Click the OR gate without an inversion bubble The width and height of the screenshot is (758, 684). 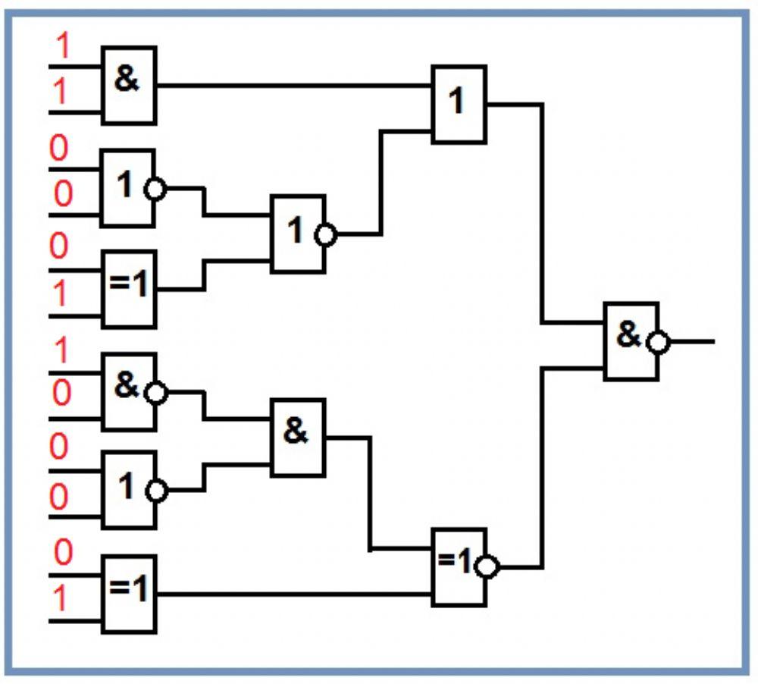coord(459,104)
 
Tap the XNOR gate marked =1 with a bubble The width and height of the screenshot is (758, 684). coord(458,566)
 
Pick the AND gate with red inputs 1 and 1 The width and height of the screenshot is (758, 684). coord(129,85)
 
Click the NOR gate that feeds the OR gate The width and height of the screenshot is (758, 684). coord(298,234)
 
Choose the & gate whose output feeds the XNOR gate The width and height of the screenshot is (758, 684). coord(297,437)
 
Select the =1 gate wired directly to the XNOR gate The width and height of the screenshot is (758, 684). coord(129,594)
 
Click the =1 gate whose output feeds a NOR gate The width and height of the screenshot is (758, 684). coord(129,287)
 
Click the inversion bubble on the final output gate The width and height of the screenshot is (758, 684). coord(659,342)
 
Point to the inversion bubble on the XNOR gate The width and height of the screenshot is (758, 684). coord(489,567)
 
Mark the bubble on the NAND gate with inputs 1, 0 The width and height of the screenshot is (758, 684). coord(157,392)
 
